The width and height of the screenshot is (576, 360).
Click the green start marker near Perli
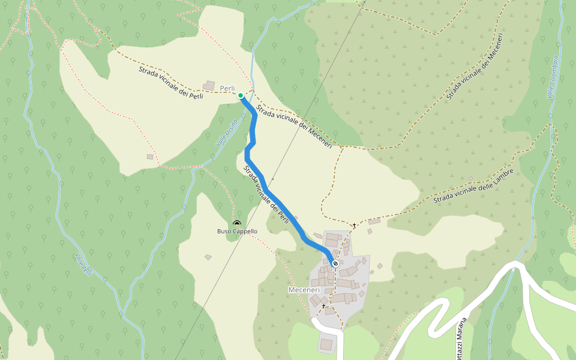coord(241,95)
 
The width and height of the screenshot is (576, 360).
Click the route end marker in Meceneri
coord(335,263)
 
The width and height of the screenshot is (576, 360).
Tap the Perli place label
coord(227,89)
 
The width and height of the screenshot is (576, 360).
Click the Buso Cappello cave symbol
coord(236,223)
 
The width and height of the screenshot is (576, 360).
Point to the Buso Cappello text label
coord(237,232)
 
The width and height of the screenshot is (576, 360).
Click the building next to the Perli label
coord(209,86)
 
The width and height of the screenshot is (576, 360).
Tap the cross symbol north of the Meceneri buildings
coord(354,226)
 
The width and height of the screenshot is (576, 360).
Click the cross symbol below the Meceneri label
coord(323,306)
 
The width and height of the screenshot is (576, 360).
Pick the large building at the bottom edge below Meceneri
coord(326,344)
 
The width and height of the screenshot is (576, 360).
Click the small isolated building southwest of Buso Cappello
coord(208,257)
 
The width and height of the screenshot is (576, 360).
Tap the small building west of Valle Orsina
coord(150,157)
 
